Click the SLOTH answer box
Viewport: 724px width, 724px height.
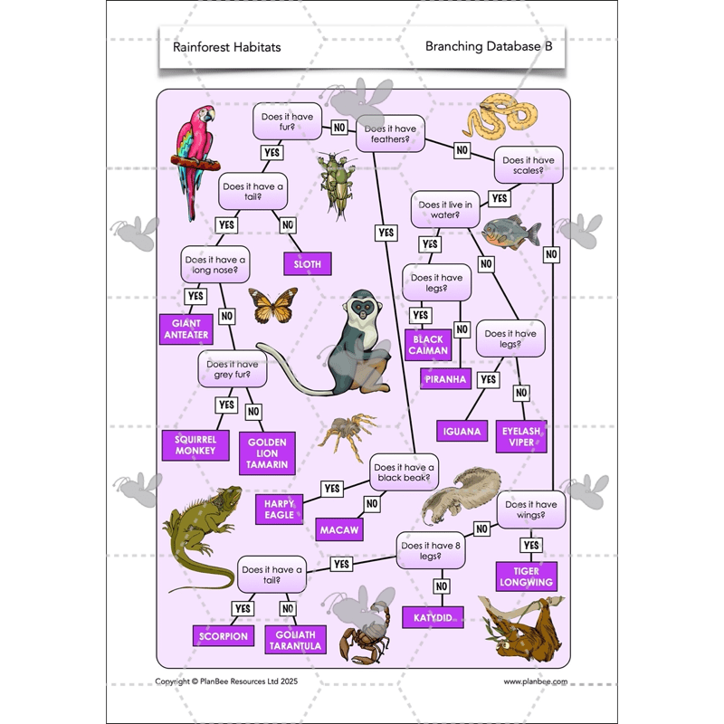tap(307, 263)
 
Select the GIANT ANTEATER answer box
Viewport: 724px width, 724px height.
tap(186, 329)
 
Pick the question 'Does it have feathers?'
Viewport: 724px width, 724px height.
tap(387, 134)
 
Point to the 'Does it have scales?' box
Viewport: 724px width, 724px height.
tap(529, 165)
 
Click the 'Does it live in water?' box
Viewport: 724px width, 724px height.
tap(445, 210)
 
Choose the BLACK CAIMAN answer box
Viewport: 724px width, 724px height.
tap(428, 345)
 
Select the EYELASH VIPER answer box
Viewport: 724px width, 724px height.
tap(522, 437)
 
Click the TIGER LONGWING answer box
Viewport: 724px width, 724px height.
tap(526, 576)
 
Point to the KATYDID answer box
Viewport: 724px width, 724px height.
tap(433, 617)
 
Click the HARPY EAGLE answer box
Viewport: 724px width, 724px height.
tap(281, 509)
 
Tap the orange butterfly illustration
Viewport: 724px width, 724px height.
tap(272, 305)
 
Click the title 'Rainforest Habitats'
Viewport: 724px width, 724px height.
tap(226, 47)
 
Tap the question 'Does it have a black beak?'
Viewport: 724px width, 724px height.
tap(403, 472)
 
